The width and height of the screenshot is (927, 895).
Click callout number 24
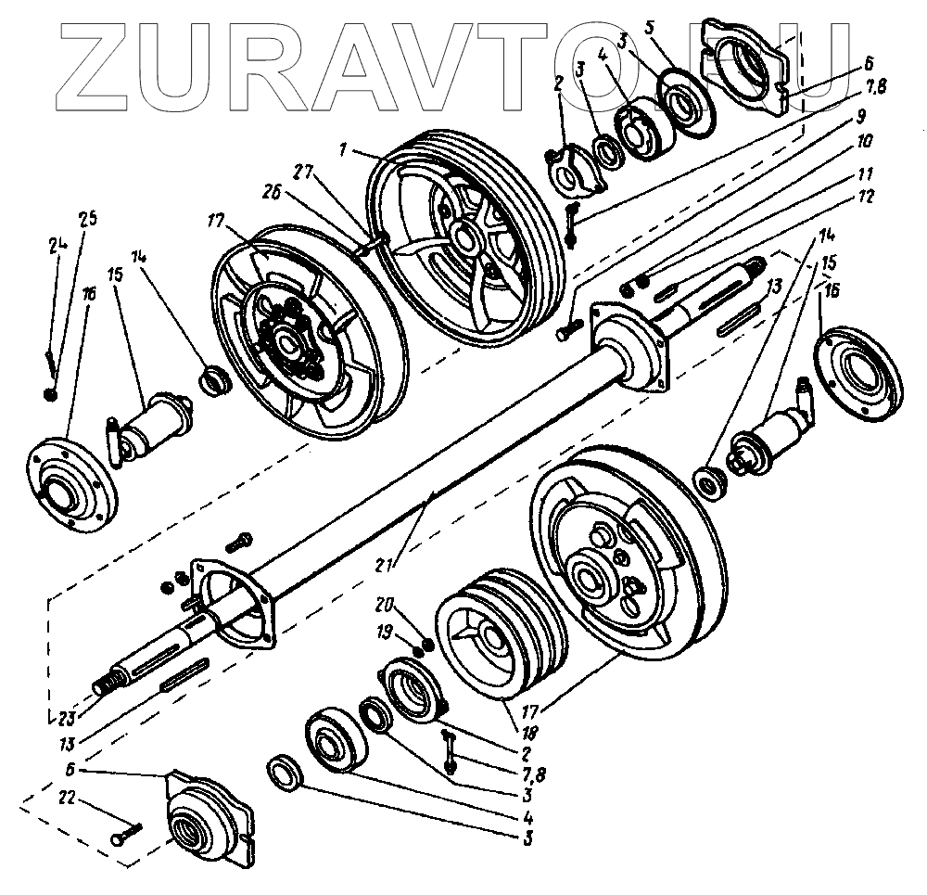click(x=53, y=247)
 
